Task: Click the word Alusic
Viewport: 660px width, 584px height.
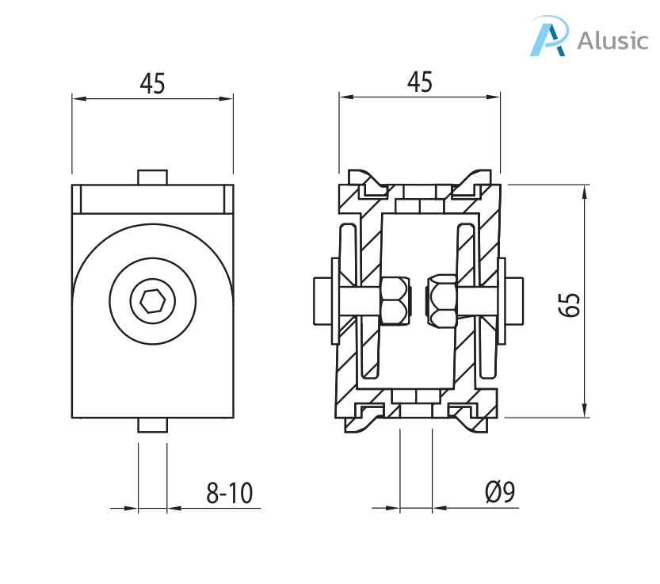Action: click(612, 40)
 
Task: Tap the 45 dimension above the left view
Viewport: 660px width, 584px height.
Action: click(152, 83)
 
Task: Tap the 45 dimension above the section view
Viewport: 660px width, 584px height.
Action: click(419, 82)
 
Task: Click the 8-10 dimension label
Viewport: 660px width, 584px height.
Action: click(229, 494)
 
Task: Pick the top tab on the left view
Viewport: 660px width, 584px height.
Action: click(152, 177)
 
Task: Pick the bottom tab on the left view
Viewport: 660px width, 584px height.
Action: click(152, 425)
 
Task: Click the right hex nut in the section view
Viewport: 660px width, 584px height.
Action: click(442, 301)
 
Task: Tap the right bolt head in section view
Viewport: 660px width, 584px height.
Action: click(514, 300)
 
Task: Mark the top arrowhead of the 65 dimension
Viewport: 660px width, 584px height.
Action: click(585, 191)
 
